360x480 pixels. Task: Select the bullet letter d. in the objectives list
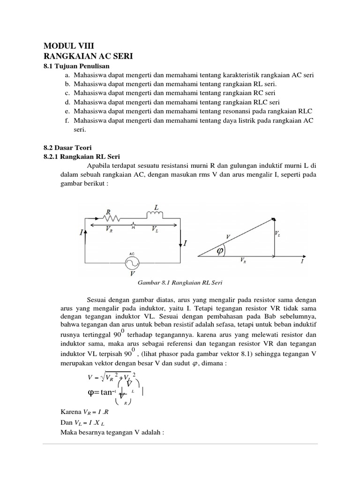(x=68, y=102)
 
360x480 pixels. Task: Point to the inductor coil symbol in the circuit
(x=155, y=215)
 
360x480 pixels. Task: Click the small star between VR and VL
(x=134, y=226)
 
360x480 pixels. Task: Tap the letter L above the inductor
(x=157, y=207)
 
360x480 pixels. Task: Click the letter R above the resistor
(x=109, y=211)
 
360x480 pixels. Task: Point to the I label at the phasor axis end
(x=301, y=263)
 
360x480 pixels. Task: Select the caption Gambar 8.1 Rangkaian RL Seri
(x=180, y=283)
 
